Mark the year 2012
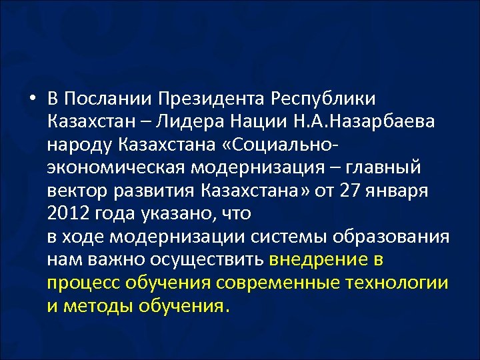(67, 214)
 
